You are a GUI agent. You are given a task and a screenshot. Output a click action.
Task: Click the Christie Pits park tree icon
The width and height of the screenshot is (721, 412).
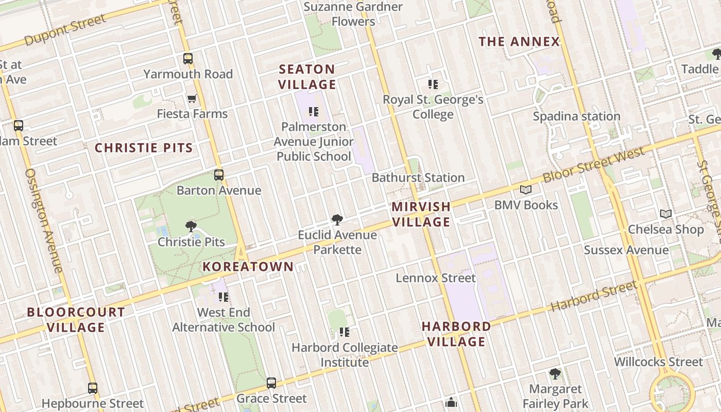click(x=191, y=226)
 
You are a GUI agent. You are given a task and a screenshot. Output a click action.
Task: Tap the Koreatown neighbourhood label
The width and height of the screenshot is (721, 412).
click(x=248, y=267)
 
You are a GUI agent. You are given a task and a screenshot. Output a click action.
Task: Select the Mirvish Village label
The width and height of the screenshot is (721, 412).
click(x=421, y=214)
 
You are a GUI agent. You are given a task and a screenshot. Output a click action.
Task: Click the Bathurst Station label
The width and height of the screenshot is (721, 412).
click(x=418, y=178)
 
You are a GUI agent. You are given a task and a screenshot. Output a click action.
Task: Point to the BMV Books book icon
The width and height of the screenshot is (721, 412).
click(x=526, y=190)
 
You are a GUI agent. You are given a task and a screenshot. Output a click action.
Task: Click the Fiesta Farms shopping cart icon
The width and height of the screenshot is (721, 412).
click(x=192, y=98)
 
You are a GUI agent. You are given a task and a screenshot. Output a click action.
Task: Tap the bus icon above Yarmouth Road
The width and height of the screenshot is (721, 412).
click(x=188, y=59)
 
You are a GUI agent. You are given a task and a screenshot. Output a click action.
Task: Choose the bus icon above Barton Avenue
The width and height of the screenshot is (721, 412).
click(x=219, y=175)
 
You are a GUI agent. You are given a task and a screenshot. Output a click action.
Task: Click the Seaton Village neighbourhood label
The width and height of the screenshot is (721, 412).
click(x=307, y=77)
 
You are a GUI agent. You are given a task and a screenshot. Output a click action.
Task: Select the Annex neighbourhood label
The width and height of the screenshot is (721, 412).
click(x=519, y=42)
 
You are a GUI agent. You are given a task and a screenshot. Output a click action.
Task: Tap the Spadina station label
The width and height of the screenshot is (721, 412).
click(x=576, y=116)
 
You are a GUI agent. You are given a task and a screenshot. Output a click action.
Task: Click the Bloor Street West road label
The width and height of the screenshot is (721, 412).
click(x=593, y=166)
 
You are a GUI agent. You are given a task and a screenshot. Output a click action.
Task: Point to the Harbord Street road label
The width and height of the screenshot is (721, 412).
click(x=594, y=297)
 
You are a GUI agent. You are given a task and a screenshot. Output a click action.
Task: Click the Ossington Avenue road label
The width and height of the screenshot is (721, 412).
click(x=43, y=220)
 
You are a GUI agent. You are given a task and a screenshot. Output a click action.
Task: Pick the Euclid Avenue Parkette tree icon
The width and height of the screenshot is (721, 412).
click(x=337, y=220)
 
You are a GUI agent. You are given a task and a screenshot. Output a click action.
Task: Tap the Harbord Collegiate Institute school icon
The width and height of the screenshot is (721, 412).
click(x=345, y=332)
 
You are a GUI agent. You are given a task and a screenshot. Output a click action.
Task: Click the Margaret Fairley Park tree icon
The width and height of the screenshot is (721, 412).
click(x=555, y=374)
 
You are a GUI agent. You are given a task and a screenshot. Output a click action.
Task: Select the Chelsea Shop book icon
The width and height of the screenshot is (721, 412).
click(x=666, y=214)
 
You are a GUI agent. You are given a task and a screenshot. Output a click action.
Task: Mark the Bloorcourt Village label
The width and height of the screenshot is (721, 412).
click(x=76, y=319)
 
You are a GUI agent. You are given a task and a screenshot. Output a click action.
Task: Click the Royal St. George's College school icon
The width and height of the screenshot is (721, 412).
click(x=433, y=84)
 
